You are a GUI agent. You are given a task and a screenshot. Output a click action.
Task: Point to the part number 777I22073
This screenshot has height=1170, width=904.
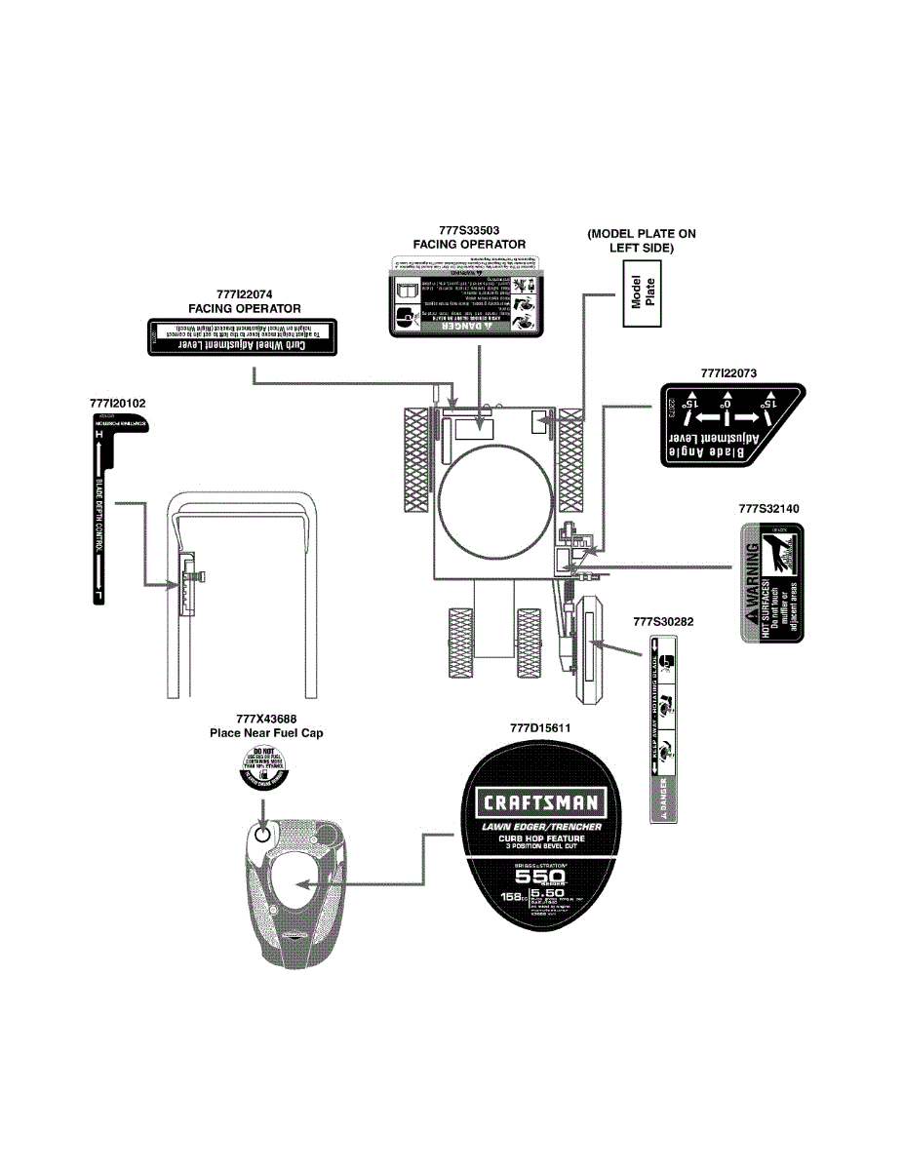tap(729, 372)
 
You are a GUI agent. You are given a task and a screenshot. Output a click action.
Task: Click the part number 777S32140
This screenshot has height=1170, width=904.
tap(768, 508)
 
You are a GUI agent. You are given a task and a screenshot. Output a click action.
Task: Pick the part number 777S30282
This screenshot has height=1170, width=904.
tap(663, 620)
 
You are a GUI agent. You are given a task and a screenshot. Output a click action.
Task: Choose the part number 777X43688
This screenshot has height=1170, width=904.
tap(266, 720)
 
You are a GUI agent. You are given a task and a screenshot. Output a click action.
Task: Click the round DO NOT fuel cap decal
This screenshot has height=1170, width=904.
tap(265, 763)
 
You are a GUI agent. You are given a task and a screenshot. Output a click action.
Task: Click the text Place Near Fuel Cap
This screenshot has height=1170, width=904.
tap(266, 733)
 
